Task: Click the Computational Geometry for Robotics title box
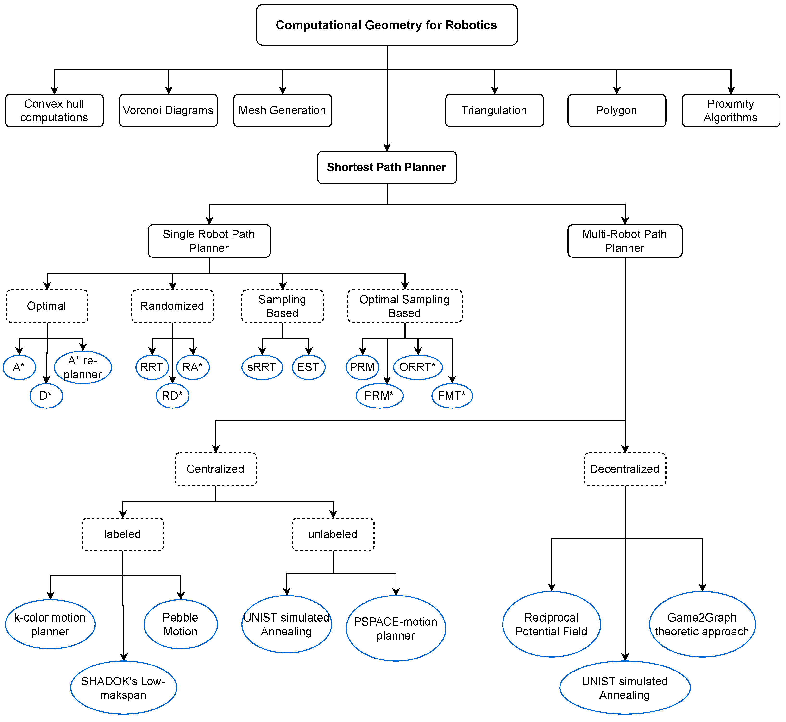[x=387, y=25]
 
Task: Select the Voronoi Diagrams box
[x=168, y=111]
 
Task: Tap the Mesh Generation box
[x=283, y=111]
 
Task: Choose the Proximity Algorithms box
[x=730, y=111]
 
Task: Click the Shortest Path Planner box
[x=387, y=168]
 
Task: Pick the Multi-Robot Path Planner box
[x=625, y=241]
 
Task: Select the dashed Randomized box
[x=172, y=306]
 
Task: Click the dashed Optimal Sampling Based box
[x=405, y=306]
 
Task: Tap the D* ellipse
[x=46, y=396]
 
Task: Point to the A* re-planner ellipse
[x=83, y=367]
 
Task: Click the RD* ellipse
[x=172, y=396]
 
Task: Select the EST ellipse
[x=309, y=367]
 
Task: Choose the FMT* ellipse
[x=452, y=396]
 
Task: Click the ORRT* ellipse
[x=418, y=367]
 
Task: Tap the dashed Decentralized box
[x=625, y=469]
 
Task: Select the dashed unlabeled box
[x=333, y=534]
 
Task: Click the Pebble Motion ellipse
[x=181, y=624]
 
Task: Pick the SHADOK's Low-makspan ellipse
[x=123, y=688]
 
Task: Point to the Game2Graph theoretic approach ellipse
[x=702, y=624]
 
